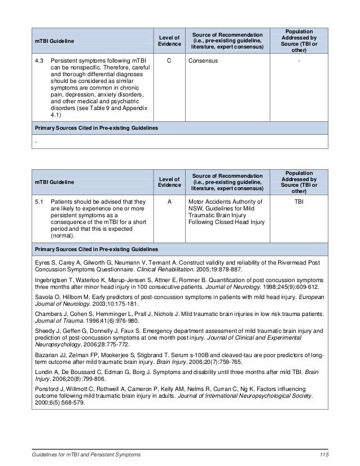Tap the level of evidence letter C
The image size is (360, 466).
[x=169, y=60]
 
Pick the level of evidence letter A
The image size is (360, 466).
[x=169, y=200]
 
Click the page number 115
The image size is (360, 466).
[x=323, y=455]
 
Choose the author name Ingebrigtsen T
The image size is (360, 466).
[x=54, y=279]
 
